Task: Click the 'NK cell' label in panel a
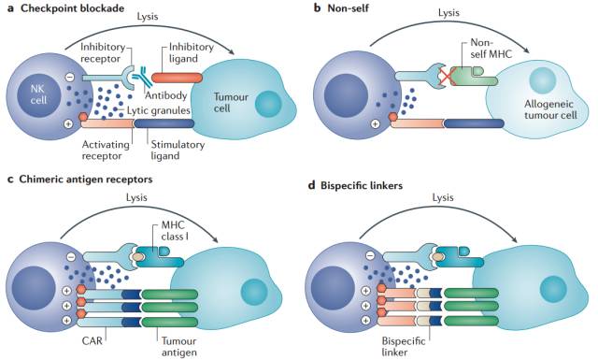pyautogui.click(x=38, y=94)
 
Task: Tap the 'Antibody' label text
pyautogui.click(x=166, y=95)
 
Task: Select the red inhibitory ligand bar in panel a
pyautogui.click(x=177, y=78)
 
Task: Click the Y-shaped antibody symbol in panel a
pyautogui.click(x=139, y=76)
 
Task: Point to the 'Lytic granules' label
pyautogui.click(x=159, y=110)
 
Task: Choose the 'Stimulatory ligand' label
pyautogui.click(x=178, y=150)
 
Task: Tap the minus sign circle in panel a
pyautogui.click(x=70, y=77)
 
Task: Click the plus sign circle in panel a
pyautogui.click(x=68, y=123)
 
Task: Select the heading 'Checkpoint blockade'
pyautogui.click(x=73, y=8)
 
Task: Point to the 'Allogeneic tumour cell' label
pyautogui.click(x=550, y=109)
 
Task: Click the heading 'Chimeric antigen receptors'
pyautogui.click(x=86, y=179)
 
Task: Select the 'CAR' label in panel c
pyautogui.click(x=93, y=340)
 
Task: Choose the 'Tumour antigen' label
pyautogui.click(x=178, y=346)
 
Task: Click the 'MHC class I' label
pyautogui.click(x=175, y=231)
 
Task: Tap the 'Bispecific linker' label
pyautogui.click(x=403, y=346)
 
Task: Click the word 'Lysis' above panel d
pyautogui.click(x=443, y=197)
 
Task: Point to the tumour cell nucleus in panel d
pyautogui.click(x=553, y=289)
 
